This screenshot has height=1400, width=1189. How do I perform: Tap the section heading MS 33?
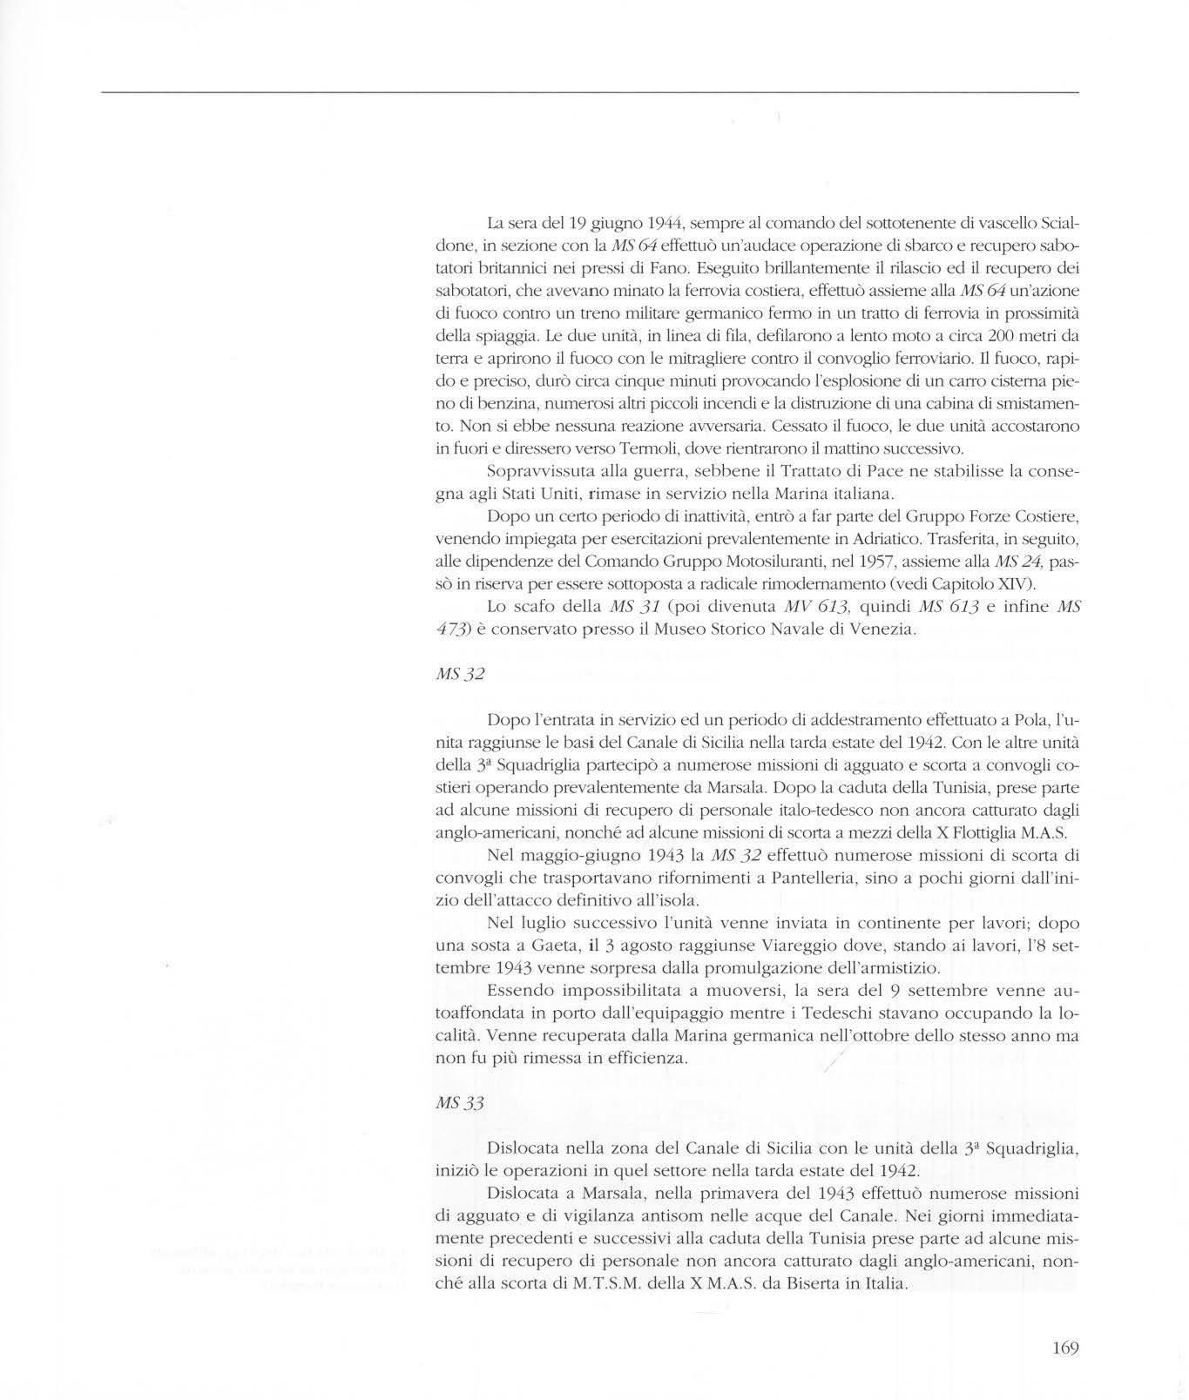point(459,1102)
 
